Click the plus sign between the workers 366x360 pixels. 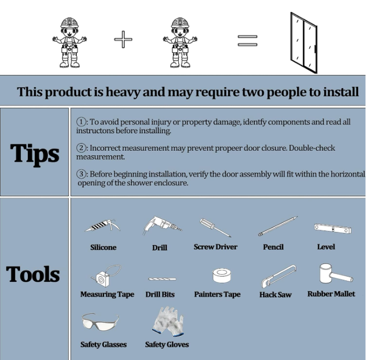123,39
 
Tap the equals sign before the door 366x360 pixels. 247,40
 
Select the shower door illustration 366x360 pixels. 304,43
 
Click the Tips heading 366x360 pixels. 35,153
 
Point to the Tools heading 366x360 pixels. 33,274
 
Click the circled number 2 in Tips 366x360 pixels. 81,148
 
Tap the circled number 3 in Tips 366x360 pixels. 81,174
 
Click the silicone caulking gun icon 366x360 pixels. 102,226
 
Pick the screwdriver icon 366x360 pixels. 215,228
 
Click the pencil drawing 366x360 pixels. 278,226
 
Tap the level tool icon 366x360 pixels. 332,228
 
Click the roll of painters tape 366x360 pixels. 222,276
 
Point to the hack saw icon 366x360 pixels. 278,277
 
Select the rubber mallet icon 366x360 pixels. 336,274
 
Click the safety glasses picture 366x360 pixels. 100,322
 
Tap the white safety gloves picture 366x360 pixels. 168,322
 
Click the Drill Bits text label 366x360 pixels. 160,294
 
